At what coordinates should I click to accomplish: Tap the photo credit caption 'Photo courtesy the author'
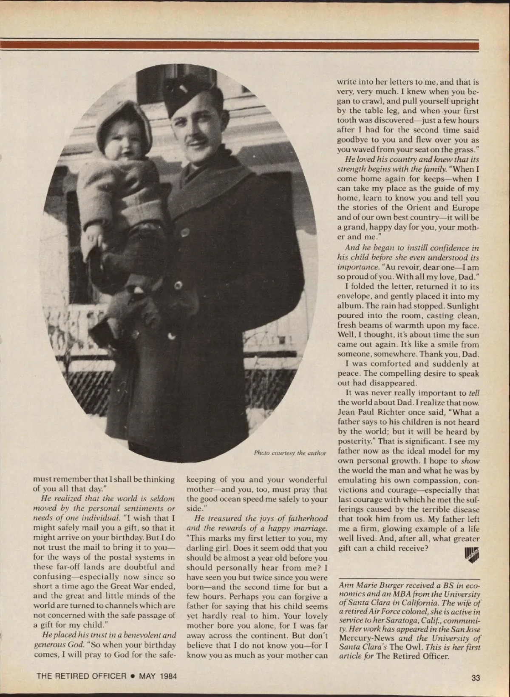(290, 453)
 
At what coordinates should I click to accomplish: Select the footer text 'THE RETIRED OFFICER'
(82, 676)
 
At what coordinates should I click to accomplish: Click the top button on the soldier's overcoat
(185, 232)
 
